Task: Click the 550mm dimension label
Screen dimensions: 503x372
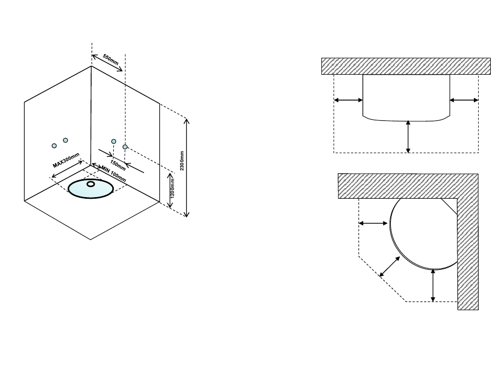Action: coord(111,60)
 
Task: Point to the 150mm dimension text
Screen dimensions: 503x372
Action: coord(118,162)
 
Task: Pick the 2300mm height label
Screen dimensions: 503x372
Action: coord(182,159)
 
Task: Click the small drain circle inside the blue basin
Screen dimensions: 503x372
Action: coord(91,184)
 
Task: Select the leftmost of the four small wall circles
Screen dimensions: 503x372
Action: coord(54,146)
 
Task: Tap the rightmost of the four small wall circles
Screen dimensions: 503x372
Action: coord(125,146)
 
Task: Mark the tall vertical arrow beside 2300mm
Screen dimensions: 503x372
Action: coord(187,167)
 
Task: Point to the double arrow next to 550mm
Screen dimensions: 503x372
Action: coord(107,63)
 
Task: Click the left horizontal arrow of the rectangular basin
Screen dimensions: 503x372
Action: coord(348,99)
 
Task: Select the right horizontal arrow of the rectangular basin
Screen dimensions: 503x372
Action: coord(464,99)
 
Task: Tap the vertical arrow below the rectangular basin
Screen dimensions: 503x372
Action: coord(408,136)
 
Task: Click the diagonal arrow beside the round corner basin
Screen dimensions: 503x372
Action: coord(390,266)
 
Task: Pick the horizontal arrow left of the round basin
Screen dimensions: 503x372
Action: coord(373,224)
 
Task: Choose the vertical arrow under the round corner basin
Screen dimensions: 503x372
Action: coord(433,285)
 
